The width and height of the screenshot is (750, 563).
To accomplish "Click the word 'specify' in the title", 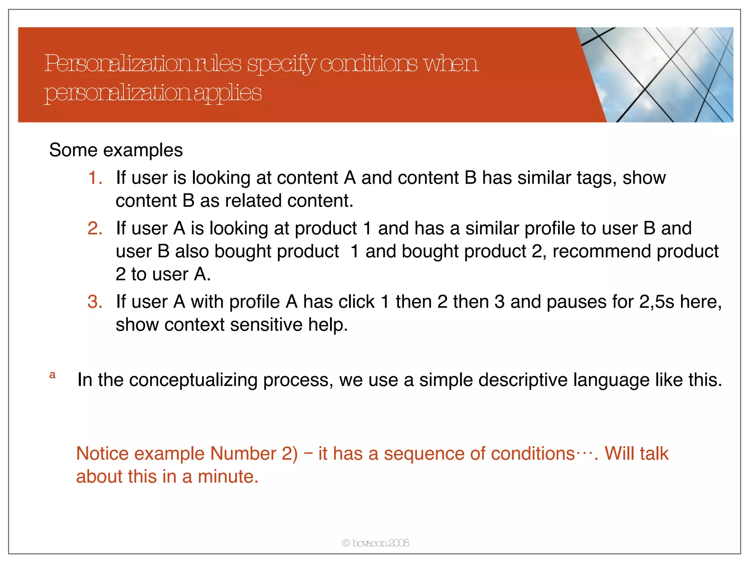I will coord(281,65).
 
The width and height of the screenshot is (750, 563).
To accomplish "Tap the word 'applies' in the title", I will coord(227,93).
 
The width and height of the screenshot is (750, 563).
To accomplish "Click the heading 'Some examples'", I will coord(116,150).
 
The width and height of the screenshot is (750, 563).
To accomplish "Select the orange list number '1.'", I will coord(95,178).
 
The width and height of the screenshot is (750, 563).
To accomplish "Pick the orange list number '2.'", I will coord(95,228).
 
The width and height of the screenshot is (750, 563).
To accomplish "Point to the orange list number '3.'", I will coord(95,302).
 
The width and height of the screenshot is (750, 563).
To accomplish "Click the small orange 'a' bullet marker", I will coord(52,375).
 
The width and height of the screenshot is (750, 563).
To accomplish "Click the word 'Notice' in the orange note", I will coord(102,454).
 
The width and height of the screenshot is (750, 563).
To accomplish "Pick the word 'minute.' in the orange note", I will coord(228,477).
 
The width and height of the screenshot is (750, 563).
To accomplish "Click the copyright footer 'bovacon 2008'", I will coord(376,543).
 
